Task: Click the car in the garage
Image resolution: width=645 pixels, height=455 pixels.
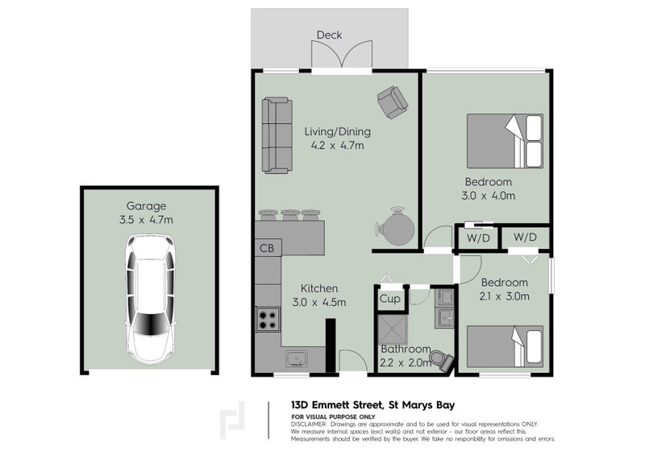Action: pyautogui.click(x=150, y=299)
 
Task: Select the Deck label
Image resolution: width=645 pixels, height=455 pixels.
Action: pyautogui.click(x=329, y=35)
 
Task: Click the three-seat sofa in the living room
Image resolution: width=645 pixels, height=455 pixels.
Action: pyautogui.click(x=277, y=134)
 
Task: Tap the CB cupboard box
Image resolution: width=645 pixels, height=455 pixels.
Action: pyautogui.click(x=267, y=248)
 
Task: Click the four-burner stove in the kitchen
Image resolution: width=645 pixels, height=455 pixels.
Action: pyautogui.click(x=267, y=321)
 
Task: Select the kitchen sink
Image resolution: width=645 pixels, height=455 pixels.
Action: pyautogui.click(x=295, y=358)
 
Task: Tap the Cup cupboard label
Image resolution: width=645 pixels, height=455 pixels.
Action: pyautogui.click(x=390, y=299)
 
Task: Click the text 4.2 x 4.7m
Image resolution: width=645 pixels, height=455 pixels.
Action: pyautogui.click(x=337, y=146)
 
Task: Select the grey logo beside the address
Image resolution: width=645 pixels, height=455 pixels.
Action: pyautogui.click(x=234, y=420)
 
